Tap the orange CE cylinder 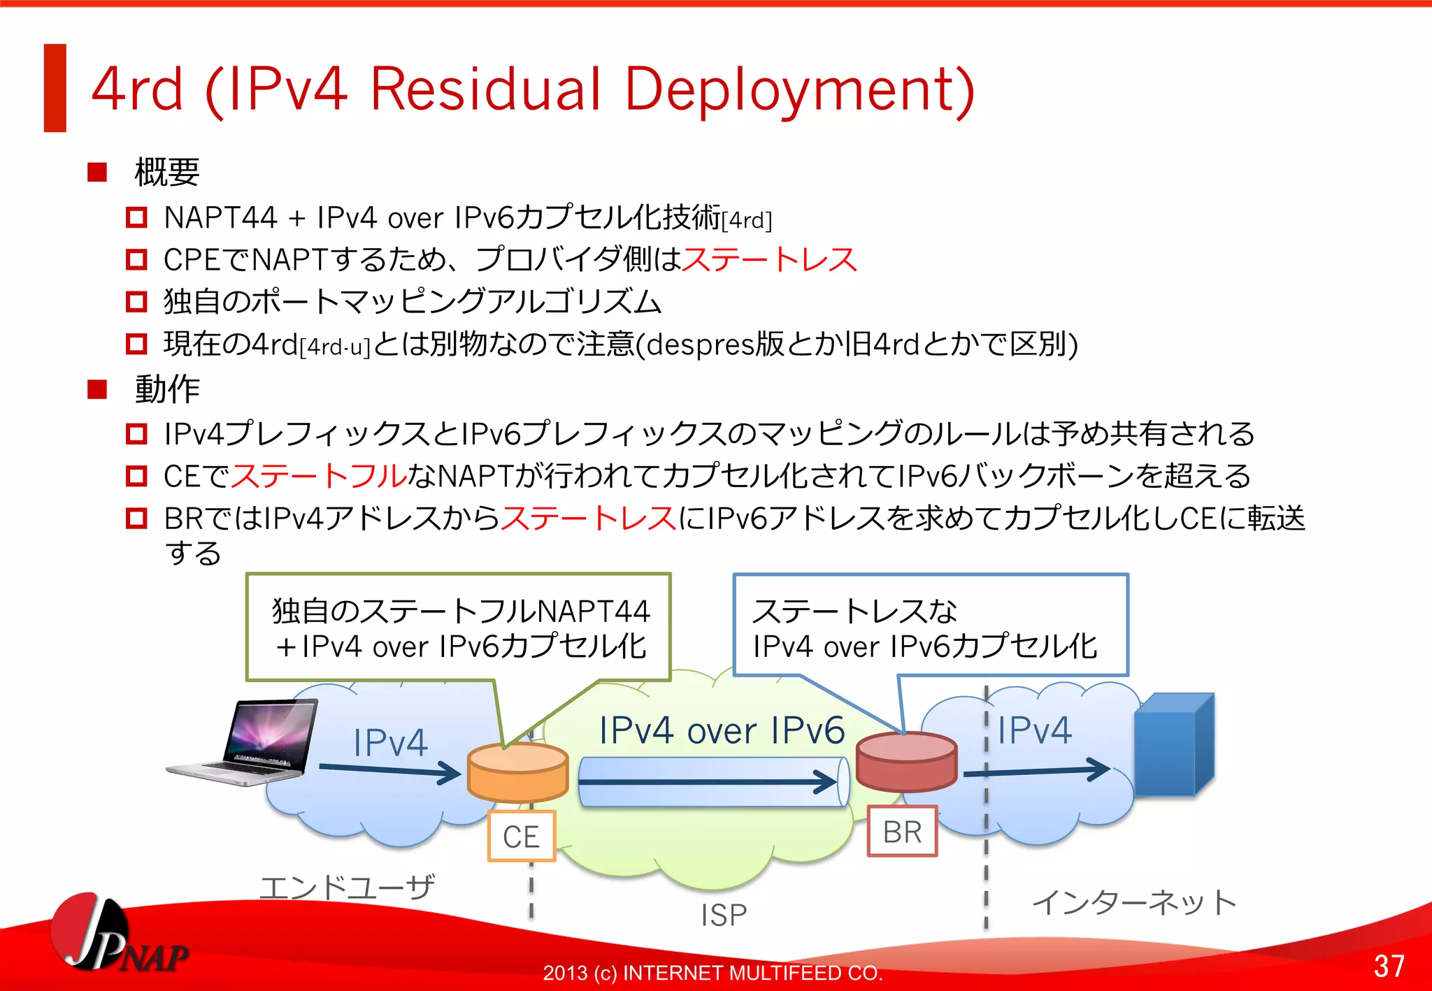click(517, 772)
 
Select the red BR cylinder click(906, 761)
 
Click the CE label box click(521, 836)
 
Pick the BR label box click(902, 832)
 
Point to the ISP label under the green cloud click(724, 915)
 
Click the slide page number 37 click(1389, 966)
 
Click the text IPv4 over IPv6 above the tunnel click(722, 731)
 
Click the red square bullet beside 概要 click(97, 172)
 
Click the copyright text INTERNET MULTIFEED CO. click(752, 973)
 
